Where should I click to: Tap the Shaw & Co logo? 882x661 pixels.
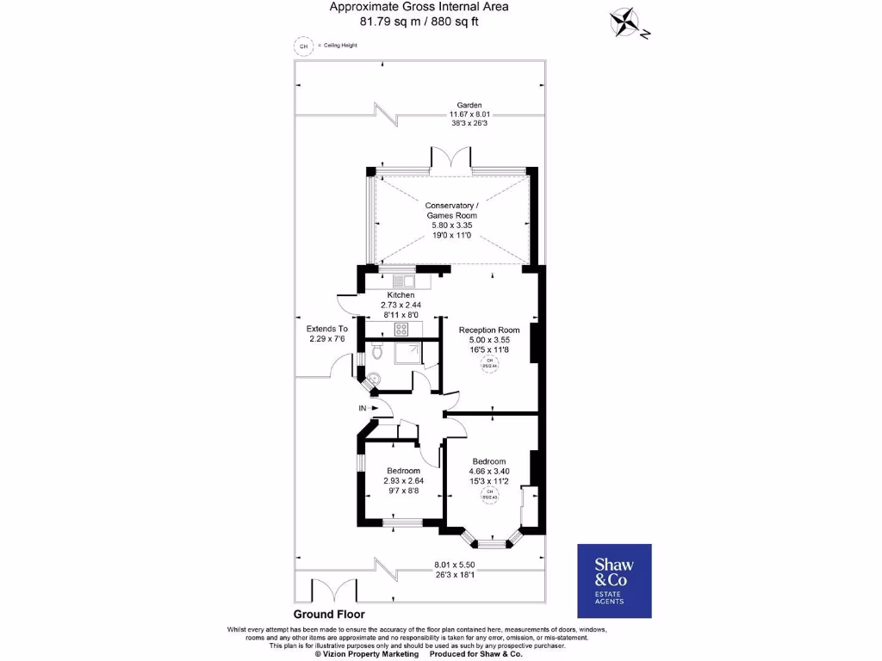pos(614,581)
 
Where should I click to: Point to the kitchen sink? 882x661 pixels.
pos(403,281)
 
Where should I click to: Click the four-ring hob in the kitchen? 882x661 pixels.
pos(401,329)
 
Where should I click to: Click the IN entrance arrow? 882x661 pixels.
pos(364,407)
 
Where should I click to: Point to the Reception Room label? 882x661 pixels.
pos(489,330)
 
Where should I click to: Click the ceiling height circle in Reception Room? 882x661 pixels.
pos(489,364)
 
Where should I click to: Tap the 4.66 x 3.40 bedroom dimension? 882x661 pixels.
pos(488,472)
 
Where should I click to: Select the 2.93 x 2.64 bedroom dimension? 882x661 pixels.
pos(402,480)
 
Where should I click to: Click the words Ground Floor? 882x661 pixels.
pos(329,615)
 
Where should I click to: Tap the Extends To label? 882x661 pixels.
pos(328,329)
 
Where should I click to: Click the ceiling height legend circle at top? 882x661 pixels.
pos(302,46)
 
